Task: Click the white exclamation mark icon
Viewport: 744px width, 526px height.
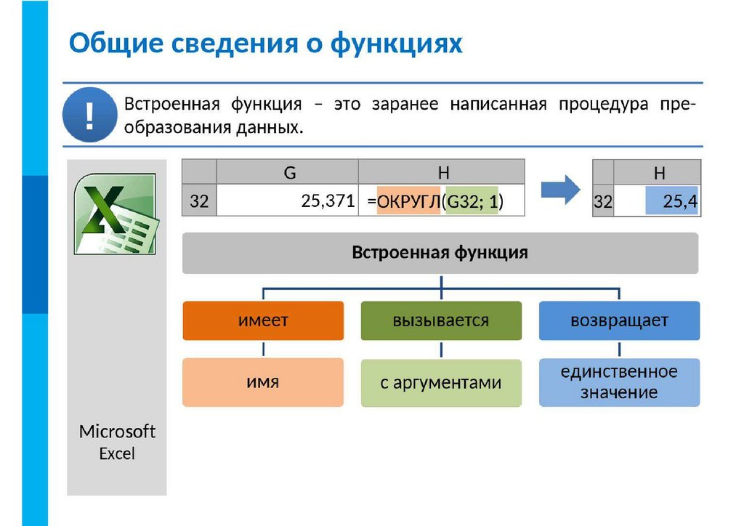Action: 89,116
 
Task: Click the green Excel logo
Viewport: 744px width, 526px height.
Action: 115,213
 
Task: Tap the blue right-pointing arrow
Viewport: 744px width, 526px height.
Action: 561,190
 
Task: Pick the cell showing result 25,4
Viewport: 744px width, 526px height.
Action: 671,202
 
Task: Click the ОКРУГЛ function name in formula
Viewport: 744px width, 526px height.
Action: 408,202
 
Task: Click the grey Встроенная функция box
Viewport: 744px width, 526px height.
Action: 440,253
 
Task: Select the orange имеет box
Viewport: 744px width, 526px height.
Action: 263,320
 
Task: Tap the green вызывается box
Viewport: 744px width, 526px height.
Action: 441,320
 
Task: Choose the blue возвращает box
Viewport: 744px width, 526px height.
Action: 619,320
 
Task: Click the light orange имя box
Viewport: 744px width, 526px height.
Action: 263,381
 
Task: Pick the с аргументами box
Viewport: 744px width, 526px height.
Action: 441,383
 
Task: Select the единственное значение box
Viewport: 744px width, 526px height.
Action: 619,382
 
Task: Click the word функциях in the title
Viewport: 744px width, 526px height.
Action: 396,43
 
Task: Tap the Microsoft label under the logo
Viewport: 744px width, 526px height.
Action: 117,432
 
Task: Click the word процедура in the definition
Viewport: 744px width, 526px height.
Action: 603,104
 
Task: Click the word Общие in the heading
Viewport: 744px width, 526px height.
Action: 116,43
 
